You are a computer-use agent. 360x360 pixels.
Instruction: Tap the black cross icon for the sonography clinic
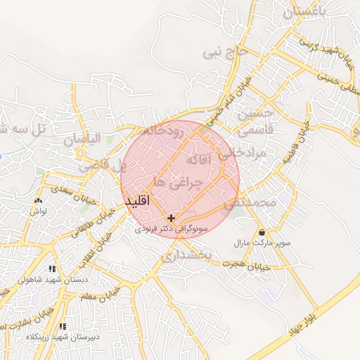(x=171, y=219)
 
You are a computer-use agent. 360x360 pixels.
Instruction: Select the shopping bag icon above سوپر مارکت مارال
(x=262, y=232)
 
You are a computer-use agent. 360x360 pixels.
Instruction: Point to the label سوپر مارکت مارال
(x=262, y=243)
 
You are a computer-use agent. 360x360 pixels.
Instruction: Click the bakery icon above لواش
(x=38, y=200)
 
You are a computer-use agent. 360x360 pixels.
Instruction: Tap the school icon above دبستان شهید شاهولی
(x=52, y=269)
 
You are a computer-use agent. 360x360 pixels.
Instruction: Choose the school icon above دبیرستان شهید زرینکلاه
(x=63, y=326)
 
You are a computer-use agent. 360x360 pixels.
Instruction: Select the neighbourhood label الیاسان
(x=82, y=140)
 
